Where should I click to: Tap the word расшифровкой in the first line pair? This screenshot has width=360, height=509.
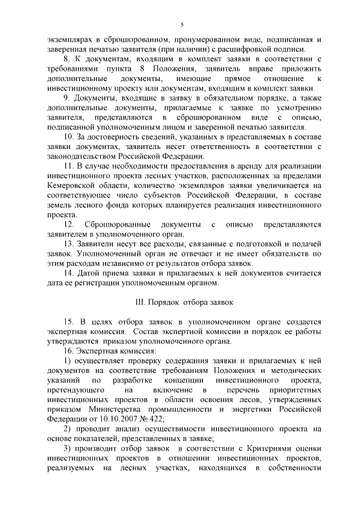point(248,49)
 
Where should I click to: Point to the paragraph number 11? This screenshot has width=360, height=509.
point(68,166)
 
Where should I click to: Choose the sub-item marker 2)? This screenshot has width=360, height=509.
point(66,429)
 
